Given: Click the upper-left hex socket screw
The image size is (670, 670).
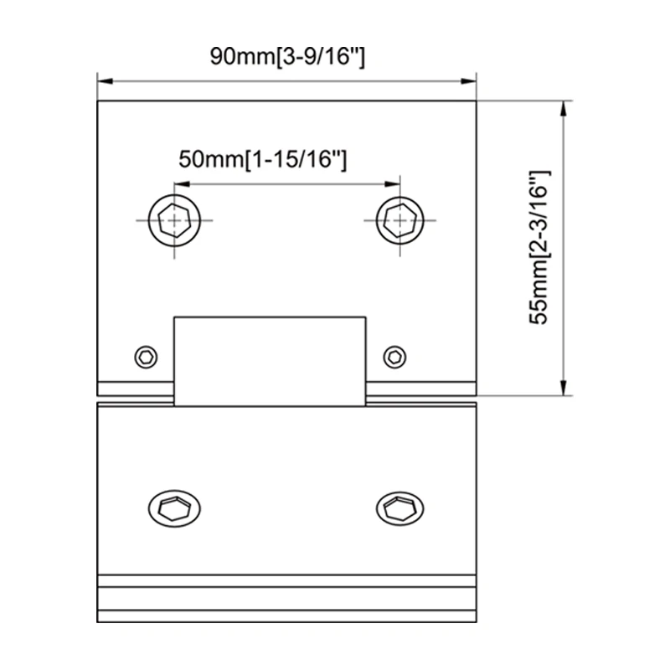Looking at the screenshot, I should [x=174, y=220].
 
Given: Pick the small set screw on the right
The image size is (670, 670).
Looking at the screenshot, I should [x=394, y=356].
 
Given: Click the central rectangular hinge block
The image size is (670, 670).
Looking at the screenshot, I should [x=270, y=360].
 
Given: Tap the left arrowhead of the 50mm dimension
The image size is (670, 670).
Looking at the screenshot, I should [x=178, y=183].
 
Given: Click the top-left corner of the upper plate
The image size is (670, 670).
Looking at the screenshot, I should [x=99, y=101].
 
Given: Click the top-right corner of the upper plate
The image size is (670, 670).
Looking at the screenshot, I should [x=477, y=101].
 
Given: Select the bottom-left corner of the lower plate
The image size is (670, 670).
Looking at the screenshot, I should [x=99, y=623].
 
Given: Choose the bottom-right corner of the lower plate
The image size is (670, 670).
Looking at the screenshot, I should [x=477, y=623].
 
